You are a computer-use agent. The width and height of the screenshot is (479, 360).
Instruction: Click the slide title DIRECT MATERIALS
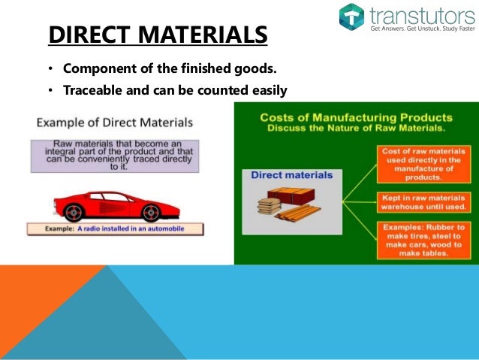click(157, 35)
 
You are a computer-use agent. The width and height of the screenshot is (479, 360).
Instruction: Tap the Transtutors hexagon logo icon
click(351, 17)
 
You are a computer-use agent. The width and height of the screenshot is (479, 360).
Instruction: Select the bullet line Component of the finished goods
click(170, 70)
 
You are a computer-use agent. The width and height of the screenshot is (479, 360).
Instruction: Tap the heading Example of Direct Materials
click(115, 122)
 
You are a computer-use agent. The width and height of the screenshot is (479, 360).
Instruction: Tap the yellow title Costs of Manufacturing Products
click(356, 118)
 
